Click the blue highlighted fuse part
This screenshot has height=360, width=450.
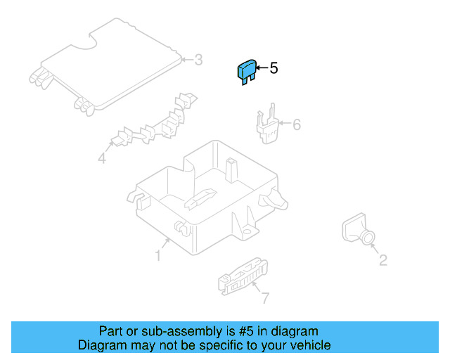(x=247, y=72)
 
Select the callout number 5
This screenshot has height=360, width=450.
(x=274, y=68)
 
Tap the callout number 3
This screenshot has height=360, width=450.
(x=198, y=60)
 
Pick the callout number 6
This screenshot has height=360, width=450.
(x=297, y=124)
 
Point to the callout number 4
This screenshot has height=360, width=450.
(x=102, y=158)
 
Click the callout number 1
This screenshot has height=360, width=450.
(x=157, y=255)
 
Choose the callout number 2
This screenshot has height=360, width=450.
(x=383, y=260)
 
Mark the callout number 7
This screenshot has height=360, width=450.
(x=266, y=298)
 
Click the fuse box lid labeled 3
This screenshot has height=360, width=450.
(x=106, y=65)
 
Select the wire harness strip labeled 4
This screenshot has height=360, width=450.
(x=155, y=120)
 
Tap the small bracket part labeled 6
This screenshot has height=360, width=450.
(x=267, y=124)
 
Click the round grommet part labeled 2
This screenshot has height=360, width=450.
(x=359, y=229)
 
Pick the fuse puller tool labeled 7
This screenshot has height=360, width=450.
(x=243, y=276)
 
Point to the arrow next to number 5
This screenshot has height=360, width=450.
(x=262, y=68)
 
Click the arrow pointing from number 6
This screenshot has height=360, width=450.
(x=285, y=123)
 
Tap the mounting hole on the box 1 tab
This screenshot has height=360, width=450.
(x=246, y=231)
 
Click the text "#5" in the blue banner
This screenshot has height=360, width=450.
(x=246, y=331)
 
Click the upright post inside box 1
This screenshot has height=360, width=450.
(x=232, y=170)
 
